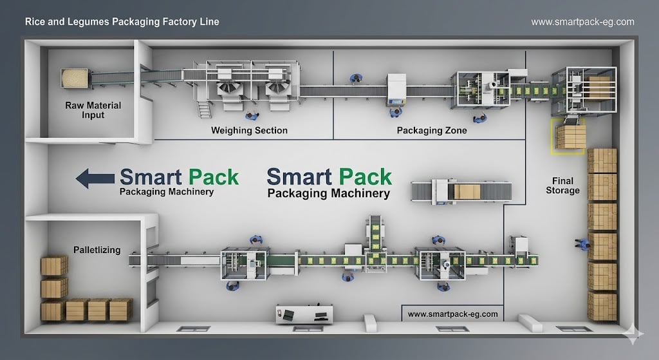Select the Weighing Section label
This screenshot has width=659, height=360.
pyautogui.click(x=249, y=131)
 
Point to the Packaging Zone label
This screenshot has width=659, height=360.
pyautogui.click(x=432, y=131)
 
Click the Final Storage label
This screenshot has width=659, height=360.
pyautogui.click(x=562, y=185)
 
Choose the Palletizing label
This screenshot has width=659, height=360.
pyautogui.click(x=97, y=250)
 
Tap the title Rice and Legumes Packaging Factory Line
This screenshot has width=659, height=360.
pyautogui.click(x=122, y=22)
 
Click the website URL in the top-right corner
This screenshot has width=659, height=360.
pyautogui.click(x=582, y=22)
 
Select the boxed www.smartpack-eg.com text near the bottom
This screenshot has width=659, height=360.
pyautogui.click(x=453, y=314)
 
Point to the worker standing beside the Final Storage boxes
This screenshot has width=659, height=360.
pyautogui.click(x=582, y=244)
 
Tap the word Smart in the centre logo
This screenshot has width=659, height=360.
pyautogui.click(x=299, y=176)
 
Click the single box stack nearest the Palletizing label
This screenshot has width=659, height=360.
pyautogui.click(x=54, y=265)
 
